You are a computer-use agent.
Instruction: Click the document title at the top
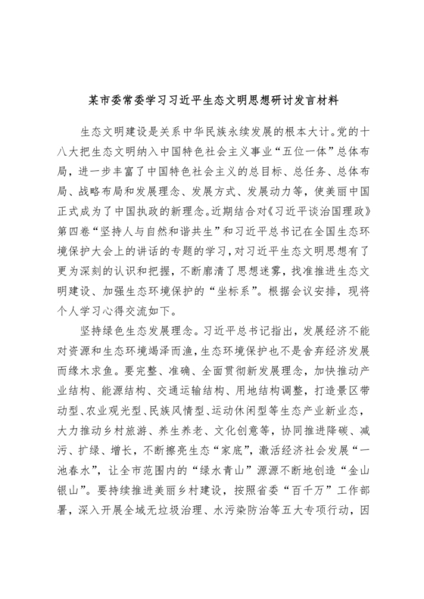pos(212,99)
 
